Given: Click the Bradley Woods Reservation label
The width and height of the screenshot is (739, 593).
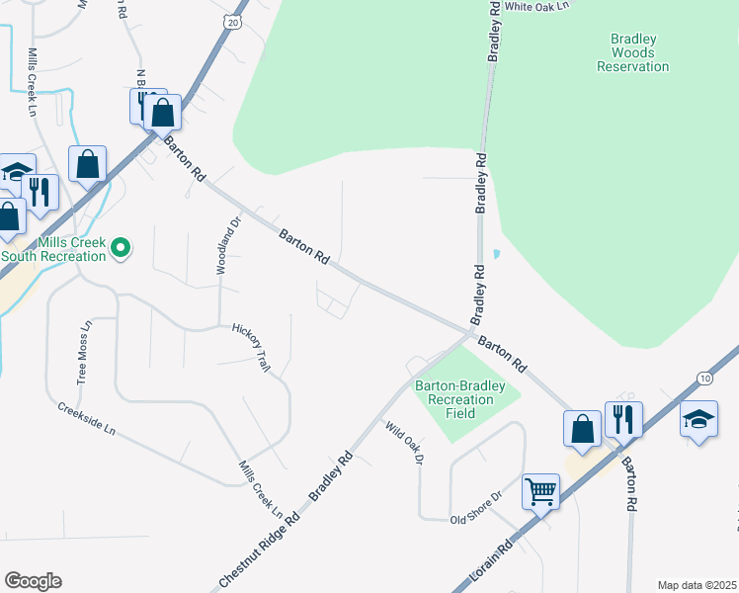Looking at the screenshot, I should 633,52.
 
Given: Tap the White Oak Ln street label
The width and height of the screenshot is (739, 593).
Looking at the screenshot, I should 538,6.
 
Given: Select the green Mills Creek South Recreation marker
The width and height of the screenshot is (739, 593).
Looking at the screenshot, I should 121,247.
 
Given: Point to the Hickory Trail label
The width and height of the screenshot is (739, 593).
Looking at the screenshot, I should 251,347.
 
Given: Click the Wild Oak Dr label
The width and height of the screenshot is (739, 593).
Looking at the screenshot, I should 404,445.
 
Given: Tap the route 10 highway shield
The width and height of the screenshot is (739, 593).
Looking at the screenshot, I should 702,378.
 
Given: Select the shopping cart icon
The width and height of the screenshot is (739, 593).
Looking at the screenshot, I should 541,490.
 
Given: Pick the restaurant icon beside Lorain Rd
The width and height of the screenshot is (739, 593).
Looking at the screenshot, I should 623,419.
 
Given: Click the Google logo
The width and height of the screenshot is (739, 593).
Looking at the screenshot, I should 33,581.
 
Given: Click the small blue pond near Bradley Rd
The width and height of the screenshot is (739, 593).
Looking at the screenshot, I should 495,254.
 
